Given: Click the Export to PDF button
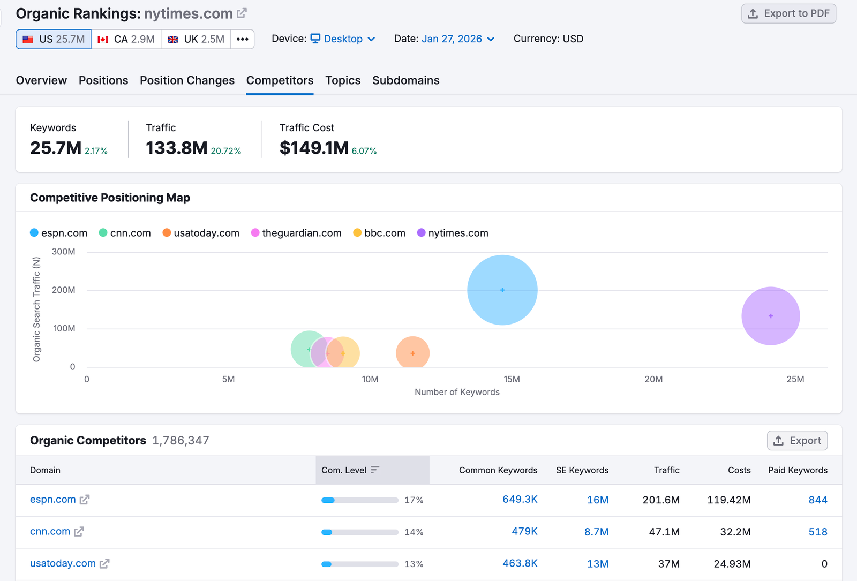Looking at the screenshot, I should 788,14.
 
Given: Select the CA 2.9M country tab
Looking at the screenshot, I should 126,39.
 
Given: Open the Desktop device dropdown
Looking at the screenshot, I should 343,39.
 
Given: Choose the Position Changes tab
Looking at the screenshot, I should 187,80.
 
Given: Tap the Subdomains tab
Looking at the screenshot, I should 405,80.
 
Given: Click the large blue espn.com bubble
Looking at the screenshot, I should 502,290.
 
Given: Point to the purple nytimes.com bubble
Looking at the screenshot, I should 770,316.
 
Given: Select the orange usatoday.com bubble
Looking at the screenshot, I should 412,353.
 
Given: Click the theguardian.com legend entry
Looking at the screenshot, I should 296,233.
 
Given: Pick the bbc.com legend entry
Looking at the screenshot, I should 379,233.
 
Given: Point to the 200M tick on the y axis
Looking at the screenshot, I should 63,290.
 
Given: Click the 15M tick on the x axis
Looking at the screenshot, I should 512,379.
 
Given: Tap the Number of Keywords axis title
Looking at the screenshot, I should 457,392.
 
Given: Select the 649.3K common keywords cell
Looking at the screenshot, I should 520,499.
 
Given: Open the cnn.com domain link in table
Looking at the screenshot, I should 50,531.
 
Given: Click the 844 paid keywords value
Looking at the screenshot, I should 817,500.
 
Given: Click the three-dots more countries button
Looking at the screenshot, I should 242,39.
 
